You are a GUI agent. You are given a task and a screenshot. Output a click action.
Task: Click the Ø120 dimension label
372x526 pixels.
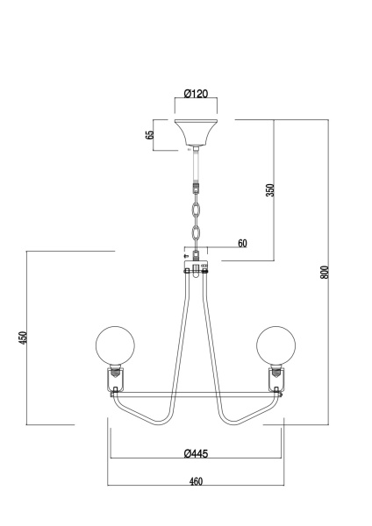point(196,93)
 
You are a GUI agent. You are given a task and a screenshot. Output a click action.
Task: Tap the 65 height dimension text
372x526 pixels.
point(150,134)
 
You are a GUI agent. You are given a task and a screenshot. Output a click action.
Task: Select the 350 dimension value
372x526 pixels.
point(270,190)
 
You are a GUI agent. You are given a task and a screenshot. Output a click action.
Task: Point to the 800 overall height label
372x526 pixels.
point(324,273)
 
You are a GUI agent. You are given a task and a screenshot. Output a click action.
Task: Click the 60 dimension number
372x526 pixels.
point(242,243)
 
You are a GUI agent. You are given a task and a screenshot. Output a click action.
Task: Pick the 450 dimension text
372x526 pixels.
point(23,338)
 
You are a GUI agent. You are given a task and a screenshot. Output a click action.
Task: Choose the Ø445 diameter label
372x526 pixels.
point(196,453)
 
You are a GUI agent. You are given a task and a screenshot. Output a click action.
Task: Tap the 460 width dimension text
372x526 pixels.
point(196,481)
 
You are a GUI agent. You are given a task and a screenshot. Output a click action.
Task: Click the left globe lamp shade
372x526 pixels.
point(115,346)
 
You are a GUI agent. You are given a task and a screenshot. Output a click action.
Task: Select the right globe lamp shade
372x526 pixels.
point(276,346)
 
